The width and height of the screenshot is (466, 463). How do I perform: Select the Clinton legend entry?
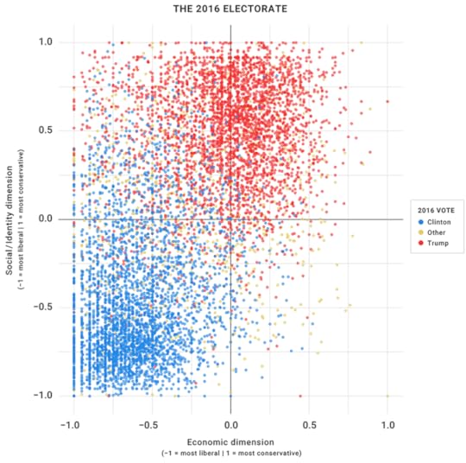tap(438, 221)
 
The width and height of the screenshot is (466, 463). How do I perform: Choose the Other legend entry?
tap(436, 232)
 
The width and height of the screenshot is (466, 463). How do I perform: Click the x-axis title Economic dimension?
tap(230, 440)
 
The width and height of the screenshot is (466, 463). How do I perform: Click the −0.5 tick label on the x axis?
tap(148, 425)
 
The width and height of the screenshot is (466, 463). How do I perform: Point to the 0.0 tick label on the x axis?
tap(230, 425)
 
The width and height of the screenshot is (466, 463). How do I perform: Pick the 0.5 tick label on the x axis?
tap(309, 425)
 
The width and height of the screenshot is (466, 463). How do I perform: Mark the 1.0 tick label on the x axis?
tap(387, 425)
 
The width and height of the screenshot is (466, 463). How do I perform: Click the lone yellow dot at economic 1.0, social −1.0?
tap(387, 396)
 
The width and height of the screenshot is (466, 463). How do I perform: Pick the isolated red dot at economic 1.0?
tap(387, 101)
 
